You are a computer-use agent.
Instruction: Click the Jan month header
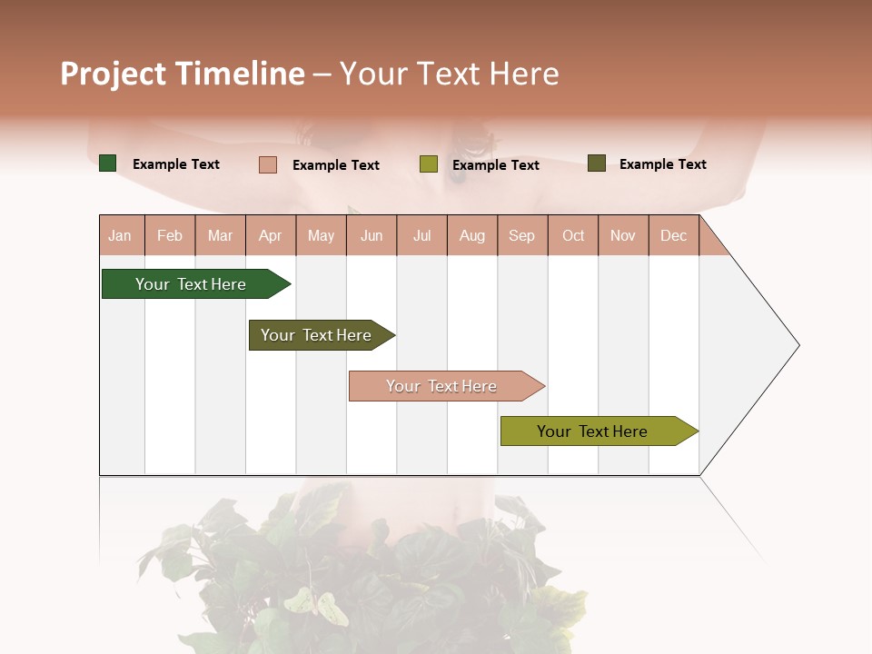121,235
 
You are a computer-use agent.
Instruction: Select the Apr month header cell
271,235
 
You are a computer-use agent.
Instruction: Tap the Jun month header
372,235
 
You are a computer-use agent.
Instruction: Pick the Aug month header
472,235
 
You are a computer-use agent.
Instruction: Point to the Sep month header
522,235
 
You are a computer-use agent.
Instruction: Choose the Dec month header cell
673,235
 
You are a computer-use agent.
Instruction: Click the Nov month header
623,235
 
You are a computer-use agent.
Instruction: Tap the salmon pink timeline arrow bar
442,386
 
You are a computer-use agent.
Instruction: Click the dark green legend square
108,163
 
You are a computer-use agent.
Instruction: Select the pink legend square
268,164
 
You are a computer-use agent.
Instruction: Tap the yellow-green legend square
429,164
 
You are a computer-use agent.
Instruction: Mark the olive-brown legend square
596,163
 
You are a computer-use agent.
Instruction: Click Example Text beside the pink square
336,165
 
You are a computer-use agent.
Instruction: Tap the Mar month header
220,235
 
